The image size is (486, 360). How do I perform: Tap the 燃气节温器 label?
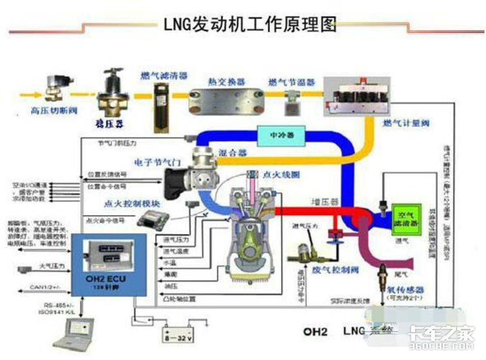pyautogui.click(x=291, y=82)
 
